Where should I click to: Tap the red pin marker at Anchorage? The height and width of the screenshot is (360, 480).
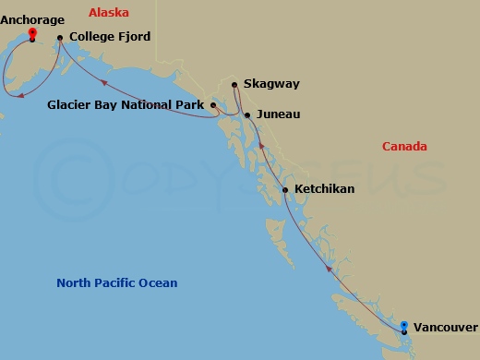[x=32, y=35]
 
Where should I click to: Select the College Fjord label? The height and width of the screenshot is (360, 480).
[x=110, y=37]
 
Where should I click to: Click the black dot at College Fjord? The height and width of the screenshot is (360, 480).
[x=60, y=38]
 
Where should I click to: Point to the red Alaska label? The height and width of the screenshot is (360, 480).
[x=109, y=13]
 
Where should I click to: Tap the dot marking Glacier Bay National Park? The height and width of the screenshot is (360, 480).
[x=213, y=105]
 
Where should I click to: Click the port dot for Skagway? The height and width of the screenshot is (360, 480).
[x=235, y=85]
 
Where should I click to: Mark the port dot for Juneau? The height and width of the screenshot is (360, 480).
[x=247, y=114]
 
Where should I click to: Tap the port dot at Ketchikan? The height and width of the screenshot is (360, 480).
[x=285, y=189]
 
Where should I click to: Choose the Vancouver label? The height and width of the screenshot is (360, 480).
[x=446, y=327]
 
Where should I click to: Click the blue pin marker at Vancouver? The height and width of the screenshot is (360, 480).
[x=404, y=326]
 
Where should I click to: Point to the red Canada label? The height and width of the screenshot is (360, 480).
[x=405, y=147]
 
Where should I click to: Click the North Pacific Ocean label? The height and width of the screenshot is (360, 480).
[x=117, y=283]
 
